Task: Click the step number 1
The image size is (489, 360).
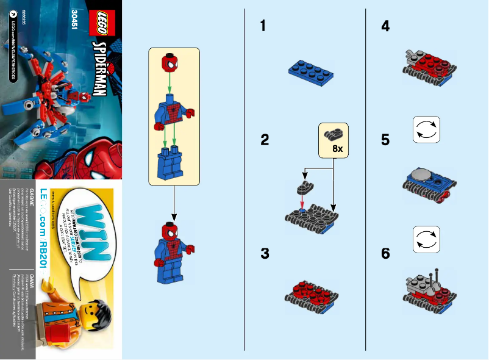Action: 263,27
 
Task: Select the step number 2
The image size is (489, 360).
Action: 264,140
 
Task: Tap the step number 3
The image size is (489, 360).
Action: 264,254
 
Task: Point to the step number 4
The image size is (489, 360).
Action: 385,27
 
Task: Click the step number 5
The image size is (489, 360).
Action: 385,140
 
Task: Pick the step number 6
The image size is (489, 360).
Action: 385,254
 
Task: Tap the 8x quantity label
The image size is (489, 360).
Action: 337,148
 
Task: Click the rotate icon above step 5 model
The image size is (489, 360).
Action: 426,129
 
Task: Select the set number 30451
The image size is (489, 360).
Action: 74,18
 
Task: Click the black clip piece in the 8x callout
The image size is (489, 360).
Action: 332,135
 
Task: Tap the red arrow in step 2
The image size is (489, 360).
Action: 302,201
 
